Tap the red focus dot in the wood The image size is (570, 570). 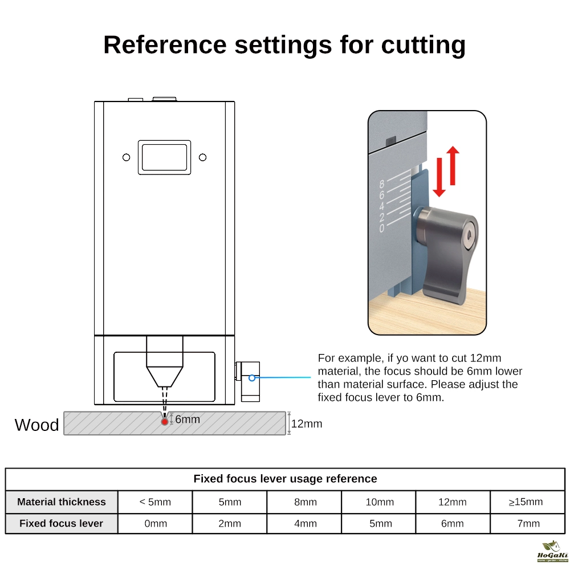[165, 421]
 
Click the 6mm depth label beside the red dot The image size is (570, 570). [188, 420]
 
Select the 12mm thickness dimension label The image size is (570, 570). [307, 424]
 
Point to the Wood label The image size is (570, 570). [36, 425]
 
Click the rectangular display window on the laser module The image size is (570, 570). [164, 157]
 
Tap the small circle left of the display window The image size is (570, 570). [127, 157]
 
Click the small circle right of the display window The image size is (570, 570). [202, 157]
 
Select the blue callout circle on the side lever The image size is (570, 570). [252, 377]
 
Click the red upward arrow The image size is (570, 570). [453, 165]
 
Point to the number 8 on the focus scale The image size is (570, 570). [382, 184]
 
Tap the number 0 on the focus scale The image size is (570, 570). [382, 229]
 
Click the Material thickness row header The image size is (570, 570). [62, 502]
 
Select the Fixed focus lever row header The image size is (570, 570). [62, 523]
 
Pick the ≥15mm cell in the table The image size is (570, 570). [526, 502]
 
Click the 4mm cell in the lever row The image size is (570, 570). [306, 523]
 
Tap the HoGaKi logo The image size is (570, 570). [552, 552]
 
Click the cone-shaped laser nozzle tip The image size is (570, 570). [165, 376]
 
